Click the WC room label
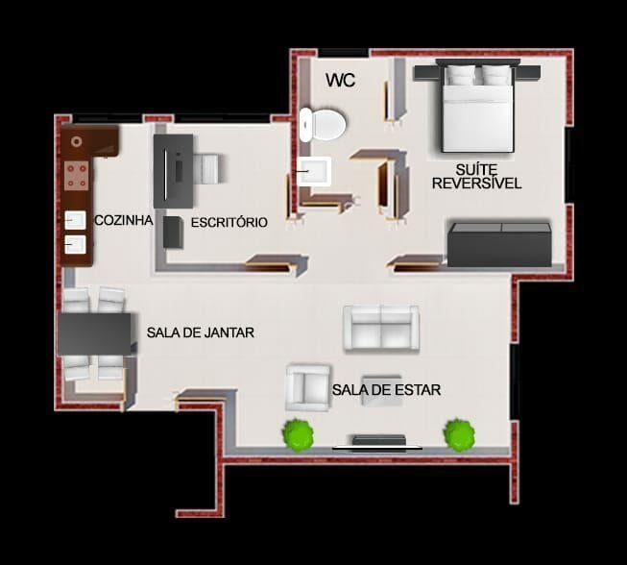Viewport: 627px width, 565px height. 340,80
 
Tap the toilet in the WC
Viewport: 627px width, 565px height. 323,125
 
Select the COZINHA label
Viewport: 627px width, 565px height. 124,220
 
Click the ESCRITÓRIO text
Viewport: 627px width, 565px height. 229,223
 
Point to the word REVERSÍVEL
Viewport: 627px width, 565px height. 476,184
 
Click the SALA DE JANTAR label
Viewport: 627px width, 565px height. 201,332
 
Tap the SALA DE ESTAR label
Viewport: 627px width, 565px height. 386,390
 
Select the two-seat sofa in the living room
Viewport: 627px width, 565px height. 381,329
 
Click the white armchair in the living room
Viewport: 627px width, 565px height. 307,387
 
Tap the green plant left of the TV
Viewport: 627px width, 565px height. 298,435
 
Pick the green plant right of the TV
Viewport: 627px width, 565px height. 460,434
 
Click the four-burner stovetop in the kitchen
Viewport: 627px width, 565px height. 77,176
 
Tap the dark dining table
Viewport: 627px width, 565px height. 95,334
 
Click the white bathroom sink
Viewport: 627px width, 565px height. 314,171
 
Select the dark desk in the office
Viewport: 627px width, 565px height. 174,171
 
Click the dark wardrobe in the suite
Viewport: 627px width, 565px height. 499,245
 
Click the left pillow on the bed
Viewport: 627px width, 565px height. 460,75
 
